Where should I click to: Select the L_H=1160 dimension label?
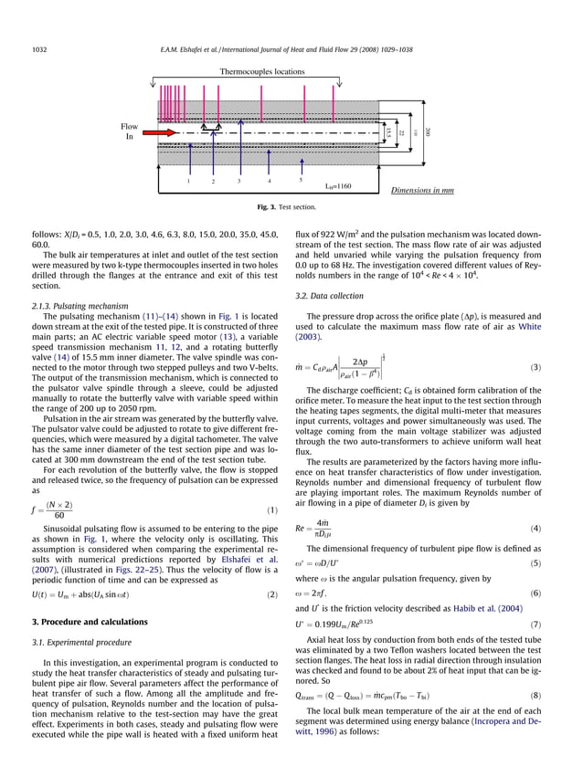point(339,186)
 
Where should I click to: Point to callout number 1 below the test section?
point(187,181)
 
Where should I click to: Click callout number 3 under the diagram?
point(238,181)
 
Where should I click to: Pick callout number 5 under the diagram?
point(300,180)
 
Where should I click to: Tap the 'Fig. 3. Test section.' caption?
point(291,208)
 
